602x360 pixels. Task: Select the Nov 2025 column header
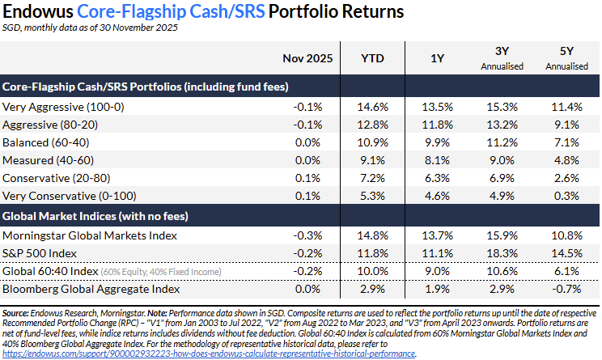tap(308, 59)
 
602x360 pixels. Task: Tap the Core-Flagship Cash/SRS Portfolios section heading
tap(146, 86)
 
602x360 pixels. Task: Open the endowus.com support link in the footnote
tap(209, 354)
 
